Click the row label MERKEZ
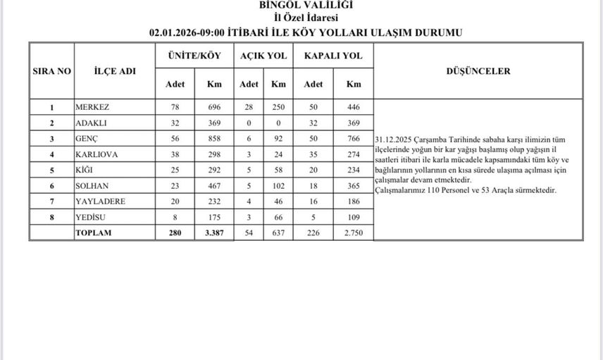click(x=93, y=108)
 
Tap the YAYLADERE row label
click(x=100, y=201)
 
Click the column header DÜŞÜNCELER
click(x=478, y=71)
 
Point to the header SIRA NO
click(x=51, y=71)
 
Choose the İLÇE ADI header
click(x=114, y=71)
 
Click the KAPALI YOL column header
click(x=333, y=55)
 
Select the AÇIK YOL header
click(x=263, y=55)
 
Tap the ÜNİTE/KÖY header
click(x=194, y=55)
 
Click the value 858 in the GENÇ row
click(x=214, y=139)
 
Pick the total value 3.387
click(x=213, y=233)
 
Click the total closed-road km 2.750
click(x=353, y=233)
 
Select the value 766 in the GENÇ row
click(x=353, y=139)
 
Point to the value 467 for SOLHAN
click(x=214, y=186)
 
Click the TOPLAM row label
click(x=93, y=233)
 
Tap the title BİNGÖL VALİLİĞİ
click(x=306, y=5)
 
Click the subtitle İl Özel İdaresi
click(x=306, y=18)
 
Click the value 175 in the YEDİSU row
click(x=214, y=218)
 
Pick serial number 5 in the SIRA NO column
click(x=51, y=170)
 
